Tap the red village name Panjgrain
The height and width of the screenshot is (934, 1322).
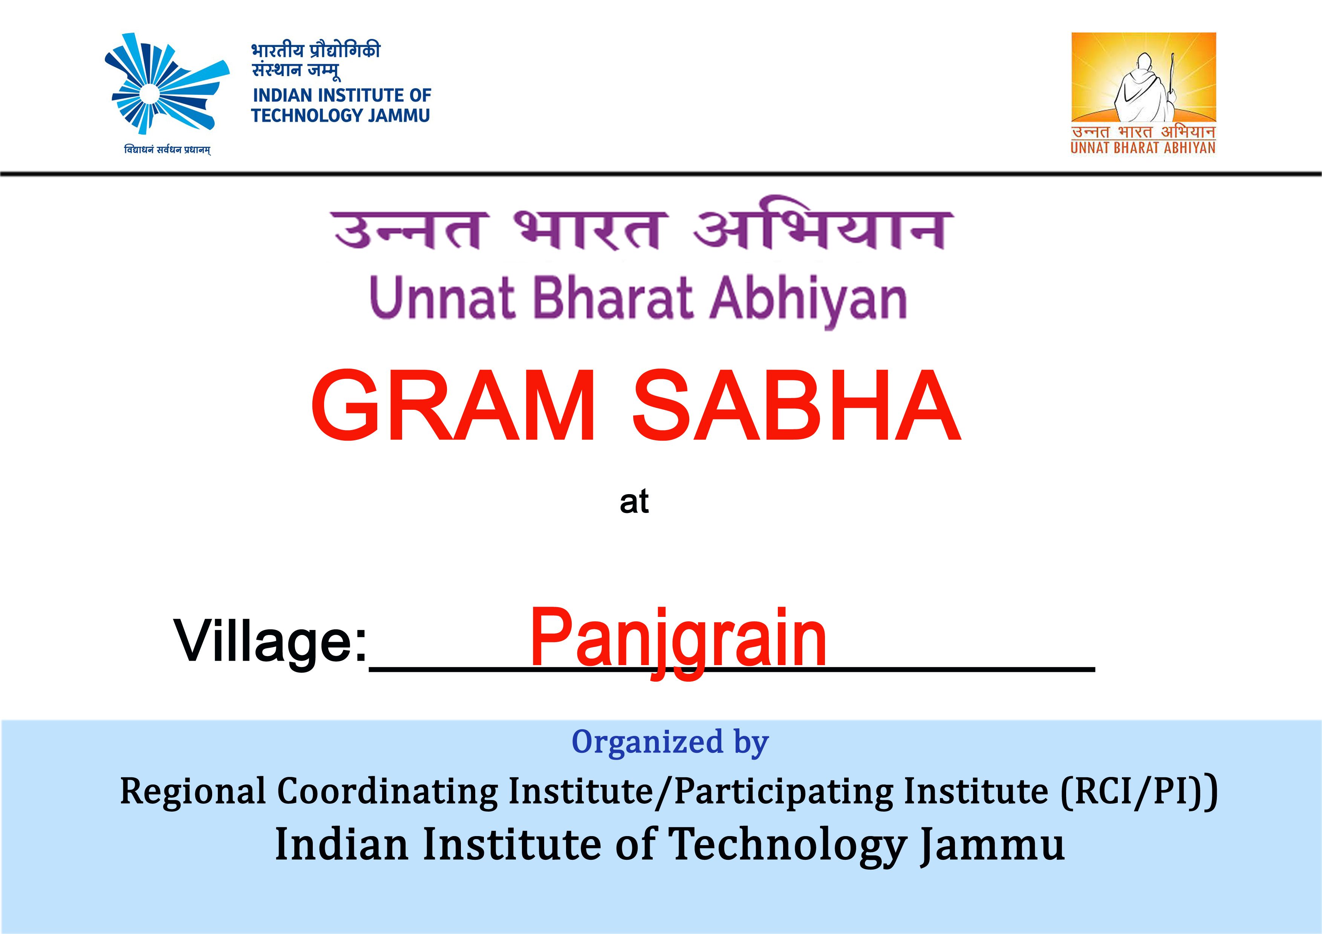(678, 642)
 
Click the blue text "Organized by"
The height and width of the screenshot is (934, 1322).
(670, 742)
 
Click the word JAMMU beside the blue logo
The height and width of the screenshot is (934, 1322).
(399, 116)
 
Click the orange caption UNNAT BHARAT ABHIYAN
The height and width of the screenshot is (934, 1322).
(1143, 148)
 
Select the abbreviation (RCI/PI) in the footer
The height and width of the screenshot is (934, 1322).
(1139, 791)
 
